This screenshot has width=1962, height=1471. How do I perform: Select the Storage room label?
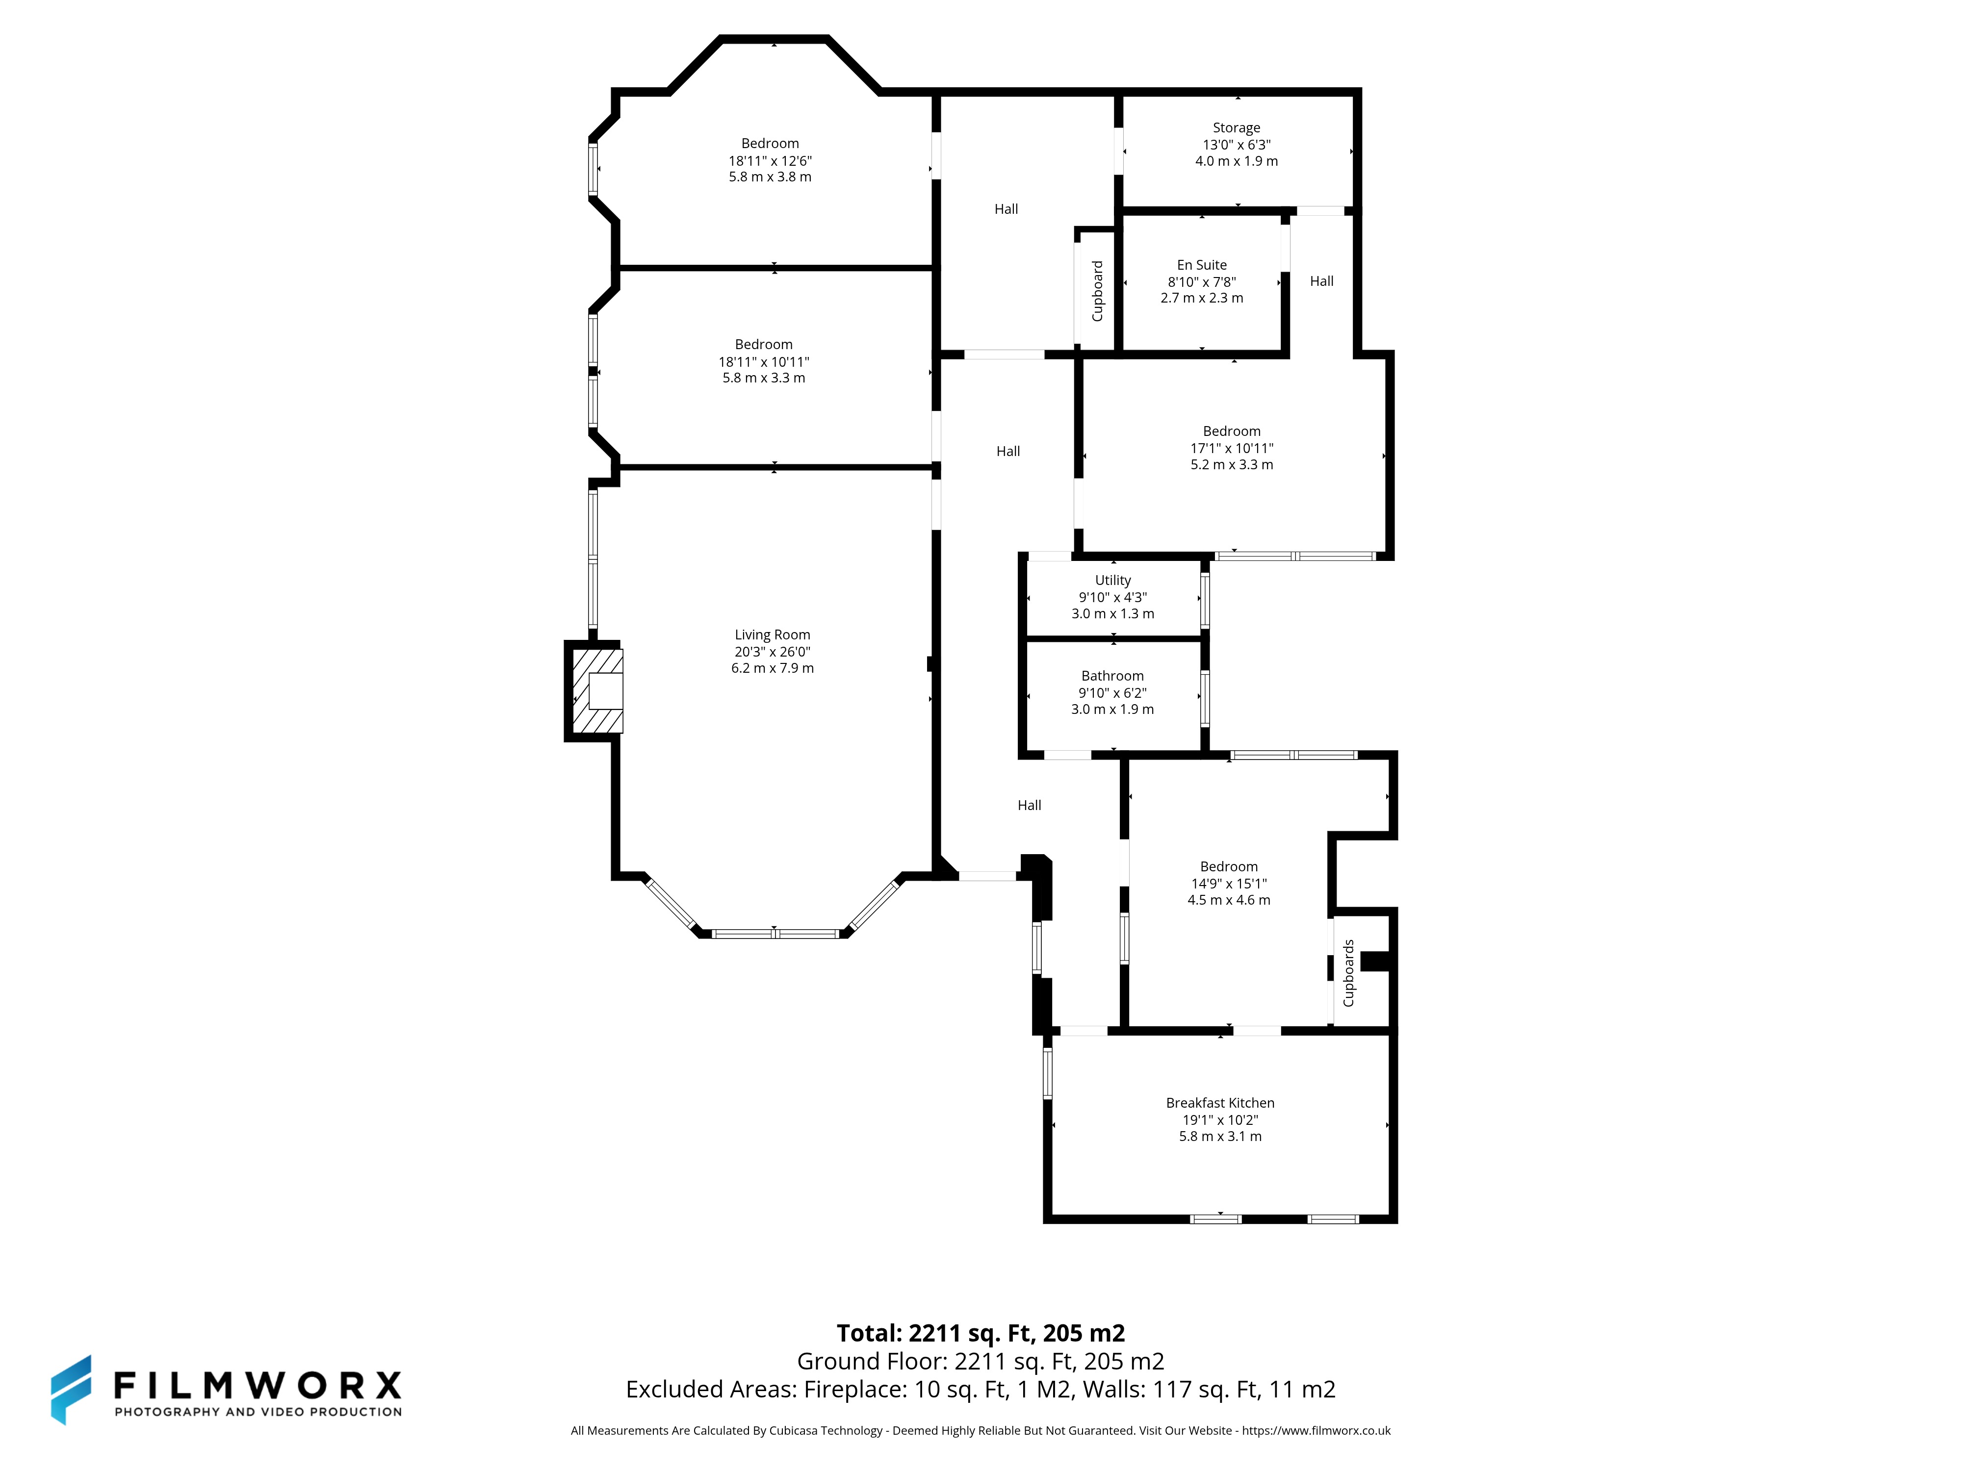[x=1237, y=127]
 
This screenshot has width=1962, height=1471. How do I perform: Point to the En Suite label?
[x=1202, y=265]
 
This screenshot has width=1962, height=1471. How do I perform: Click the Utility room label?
[x=1113, y=581]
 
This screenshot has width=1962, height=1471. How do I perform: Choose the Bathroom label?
[x=1112, y=676]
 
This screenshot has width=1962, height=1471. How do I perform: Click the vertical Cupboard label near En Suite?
[x=1097, y=291]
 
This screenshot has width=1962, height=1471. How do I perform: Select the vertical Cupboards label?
[x=1348, y=973]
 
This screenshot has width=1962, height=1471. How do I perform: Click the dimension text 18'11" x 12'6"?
[x=770, y=160]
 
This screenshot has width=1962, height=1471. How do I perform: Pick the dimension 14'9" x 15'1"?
[x=1229, y=883]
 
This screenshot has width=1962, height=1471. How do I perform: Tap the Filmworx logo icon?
[x=71, y=1390]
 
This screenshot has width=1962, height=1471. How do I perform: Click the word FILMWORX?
[x=257, y=1384]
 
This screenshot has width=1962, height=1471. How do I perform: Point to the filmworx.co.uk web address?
[x=1317, y=1430]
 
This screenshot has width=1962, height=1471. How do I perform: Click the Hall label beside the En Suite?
[x=1321, y=281]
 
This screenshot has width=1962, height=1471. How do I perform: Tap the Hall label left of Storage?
[x=1006, y=209]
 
